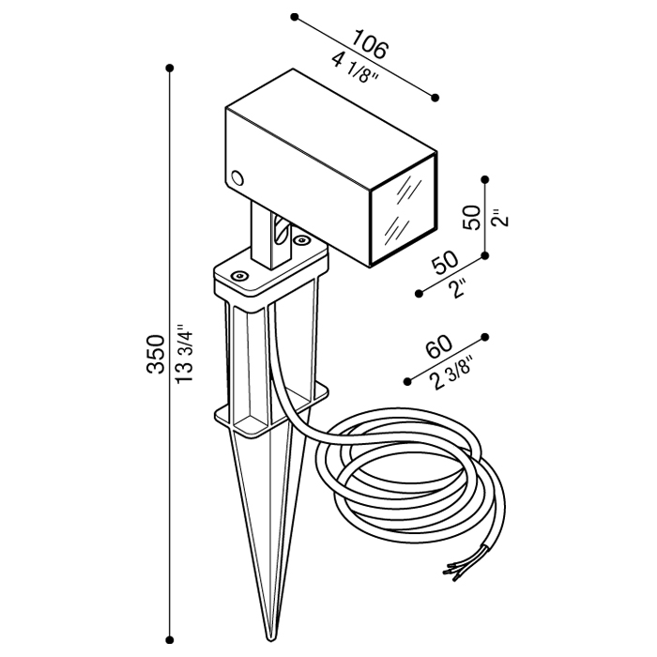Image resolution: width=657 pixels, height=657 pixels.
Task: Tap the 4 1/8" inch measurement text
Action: (x=356, y=70)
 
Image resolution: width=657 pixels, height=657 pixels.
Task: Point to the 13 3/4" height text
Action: (x=185, y=354)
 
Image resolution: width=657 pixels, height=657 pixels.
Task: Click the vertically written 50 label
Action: (x=473, y=218)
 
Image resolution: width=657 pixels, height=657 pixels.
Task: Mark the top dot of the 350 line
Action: (x=170, y=69)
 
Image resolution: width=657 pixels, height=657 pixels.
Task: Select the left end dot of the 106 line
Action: (x=295, y=17)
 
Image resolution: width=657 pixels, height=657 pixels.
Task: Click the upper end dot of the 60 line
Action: (x=485, y=336)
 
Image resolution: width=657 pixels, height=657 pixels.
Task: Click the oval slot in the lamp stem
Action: (x=278, y=230)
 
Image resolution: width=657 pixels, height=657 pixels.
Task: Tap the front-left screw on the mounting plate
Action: (x=239, y=276)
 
